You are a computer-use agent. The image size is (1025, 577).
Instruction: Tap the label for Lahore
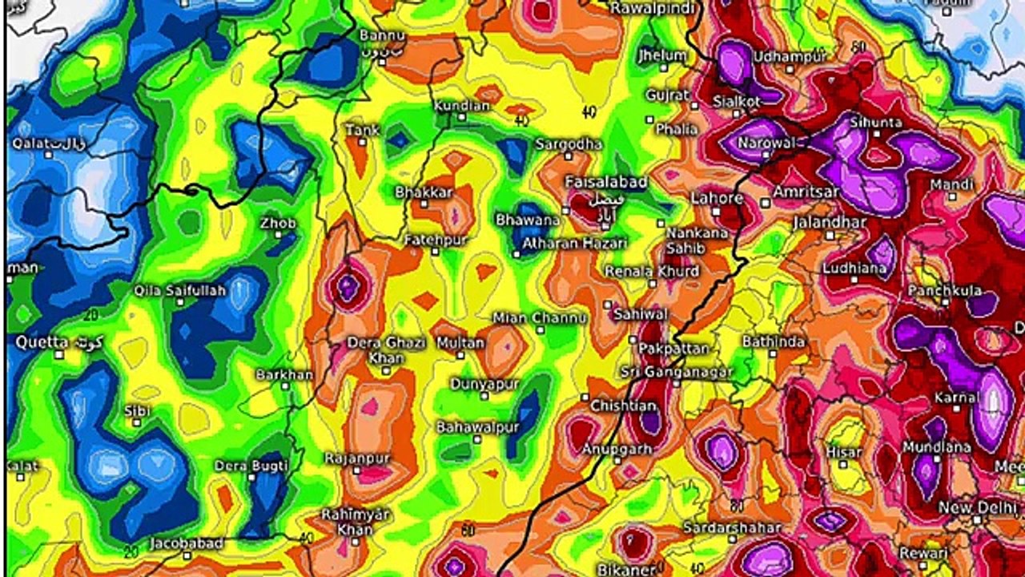click(x=717, y=198)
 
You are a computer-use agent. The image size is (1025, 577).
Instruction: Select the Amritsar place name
click(x=806, y=192)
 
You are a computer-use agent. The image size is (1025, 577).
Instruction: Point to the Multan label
click(x=460, y=343)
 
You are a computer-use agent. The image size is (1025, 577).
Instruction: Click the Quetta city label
click(x=42, y=342)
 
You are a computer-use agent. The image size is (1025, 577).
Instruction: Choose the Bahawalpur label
click(x=477, y=427)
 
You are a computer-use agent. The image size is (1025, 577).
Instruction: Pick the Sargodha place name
click(x=569, y=144)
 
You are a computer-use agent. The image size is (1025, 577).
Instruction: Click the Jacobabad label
click(x=186, y=543)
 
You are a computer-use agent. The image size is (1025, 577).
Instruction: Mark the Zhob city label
click(x=278, y=224)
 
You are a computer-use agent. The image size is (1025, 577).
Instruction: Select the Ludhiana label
click(x=854, y=268)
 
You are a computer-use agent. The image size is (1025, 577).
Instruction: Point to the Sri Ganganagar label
click(x=677, y=373)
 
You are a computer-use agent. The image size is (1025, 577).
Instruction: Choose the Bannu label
click(x=382, y=36)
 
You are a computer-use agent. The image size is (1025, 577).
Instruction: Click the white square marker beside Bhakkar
click(x=424, y=204)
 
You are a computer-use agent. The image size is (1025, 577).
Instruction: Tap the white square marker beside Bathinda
click(x=772, y=353)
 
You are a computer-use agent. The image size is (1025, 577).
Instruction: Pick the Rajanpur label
click(x=357, y=458)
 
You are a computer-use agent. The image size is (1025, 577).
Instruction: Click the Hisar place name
click(x=844, y=452)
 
